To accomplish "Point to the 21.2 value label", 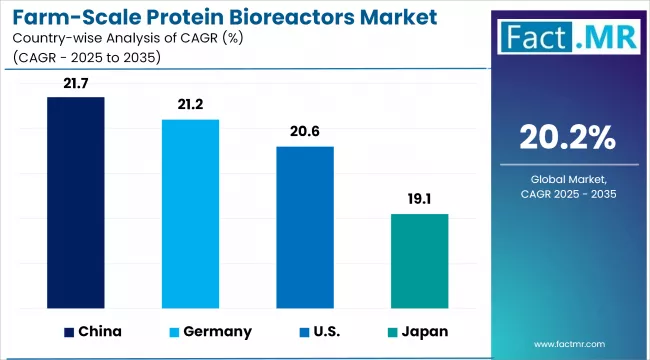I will (x=190, y=103).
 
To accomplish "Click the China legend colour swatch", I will (x=69, y=331).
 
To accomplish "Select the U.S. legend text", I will (x=325, y=331).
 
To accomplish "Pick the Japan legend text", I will (x=426, y=331).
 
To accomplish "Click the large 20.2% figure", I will (x=567, y=137).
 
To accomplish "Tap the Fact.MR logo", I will (x=567, y=40).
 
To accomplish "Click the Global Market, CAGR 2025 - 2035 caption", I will (x=567, y=188).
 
